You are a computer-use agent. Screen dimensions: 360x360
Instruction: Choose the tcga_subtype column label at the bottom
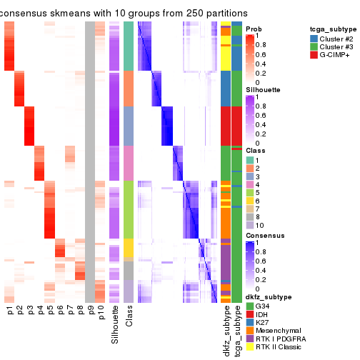pos(236,329)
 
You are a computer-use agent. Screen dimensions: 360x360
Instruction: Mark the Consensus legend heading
pos(265,235)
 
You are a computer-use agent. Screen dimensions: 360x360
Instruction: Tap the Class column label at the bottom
pos(129,318)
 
